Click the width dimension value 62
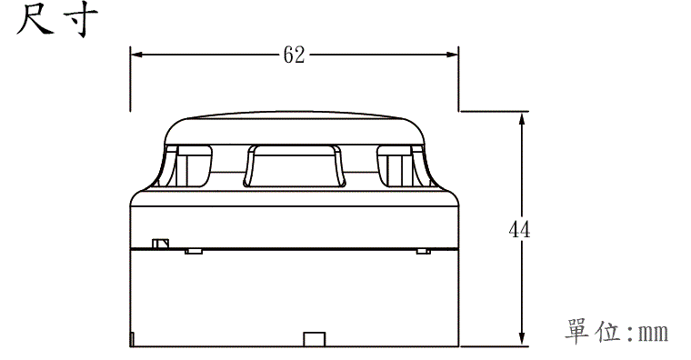(x=294, y=55)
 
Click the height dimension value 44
(x=519, y=229)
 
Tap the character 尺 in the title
(x=35, y=19)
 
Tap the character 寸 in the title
(x=80, y=20)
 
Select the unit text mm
(x=654, y=332)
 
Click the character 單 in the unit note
(x=576, y=331)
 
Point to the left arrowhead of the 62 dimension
(x=137, y=55)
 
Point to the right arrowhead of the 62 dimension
(x=452, y=55)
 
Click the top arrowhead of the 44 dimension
(x=522, y=119)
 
